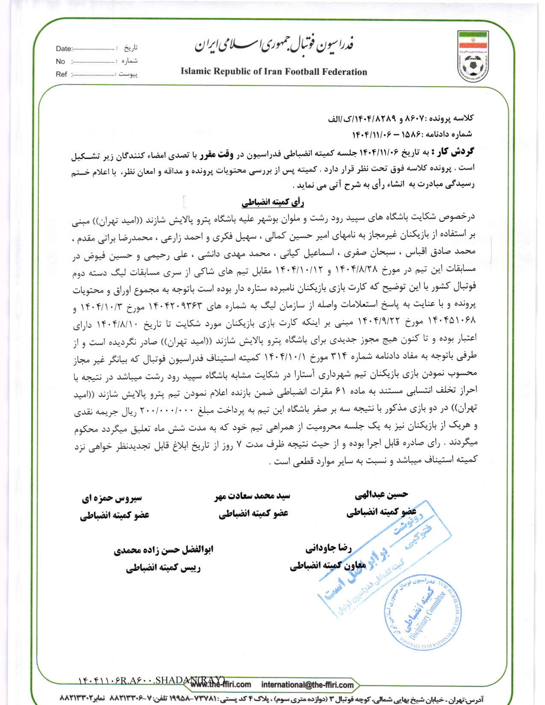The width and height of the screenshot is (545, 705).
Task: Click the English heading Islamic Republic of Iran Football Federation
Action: click(274, 72)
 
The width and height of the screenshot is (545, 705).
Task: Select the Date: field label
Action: click(64, 49)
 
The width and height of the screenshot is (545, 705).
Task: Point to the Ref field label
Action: click(61, 74)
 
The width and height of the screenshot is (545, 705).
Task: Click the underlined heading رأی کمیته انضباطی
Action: click(273, 202)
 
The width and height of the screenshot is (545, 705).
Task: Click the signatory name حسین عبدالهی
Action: click(381, 495)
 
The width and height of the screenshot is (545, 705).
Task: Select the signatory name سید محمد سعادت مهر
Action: click(252, 496)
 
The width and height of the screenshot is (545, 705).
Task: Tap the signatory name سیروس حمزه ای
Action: click(112, 498)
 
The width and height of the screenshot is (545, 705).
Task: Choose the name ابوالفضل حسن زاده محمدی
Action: click(163, 550)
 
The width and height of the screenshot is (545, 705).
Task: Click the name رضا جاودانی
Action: click(328, 548)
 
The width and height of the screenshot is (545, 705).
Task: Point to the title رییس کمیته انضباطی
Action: click(163, 568)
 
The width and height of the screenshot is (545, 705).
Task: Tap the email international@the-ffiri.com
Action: click(307, 685)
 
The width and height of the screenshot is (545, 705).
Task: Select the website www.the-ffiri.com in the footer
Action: click(221, 684)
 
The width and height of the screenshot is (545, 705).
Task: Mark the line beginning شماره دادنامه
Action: click(412, 134)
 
